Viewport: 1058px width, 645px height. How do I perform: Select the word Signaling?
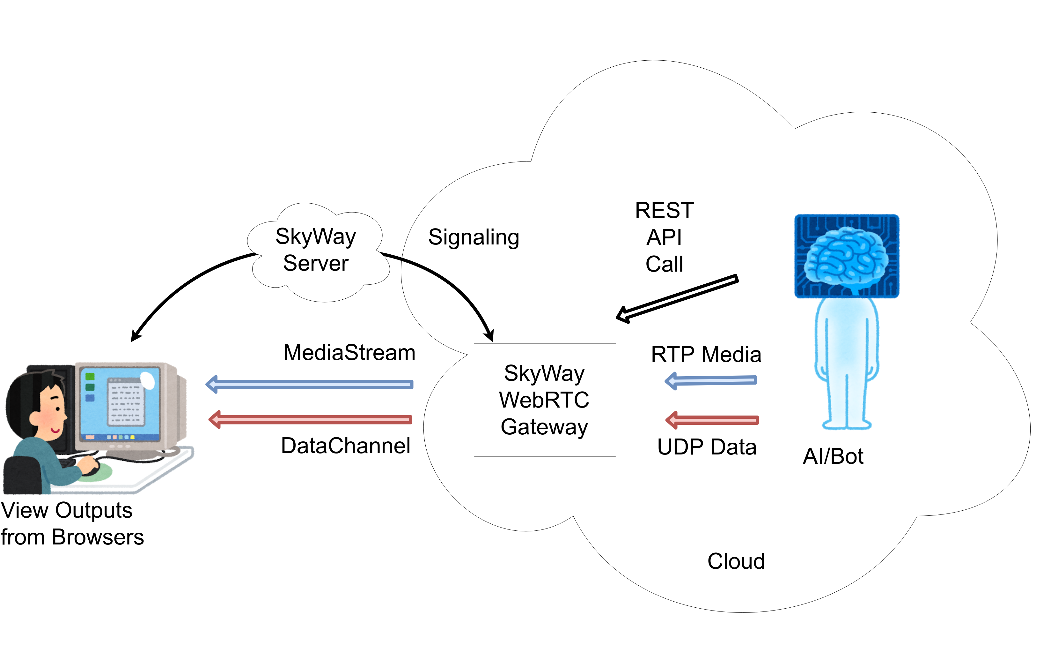[474, 237]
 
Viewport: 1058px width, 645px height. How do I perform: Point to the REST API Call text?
[664, 237]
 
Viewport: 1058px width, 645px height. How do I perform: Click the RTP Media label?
[706, 355]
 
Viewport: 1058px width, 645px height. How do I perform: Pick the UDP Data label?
[707, 447]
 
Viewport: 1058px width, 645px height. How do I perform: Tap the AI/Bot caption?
[833, 456]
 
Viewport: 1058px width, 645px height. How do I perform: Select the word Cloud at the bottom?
[736, 561]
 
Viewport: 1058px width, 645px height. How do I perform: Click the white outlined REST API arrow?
[678, 299]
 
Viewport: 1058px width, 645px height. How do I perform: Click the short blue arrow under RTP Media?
[711, 380]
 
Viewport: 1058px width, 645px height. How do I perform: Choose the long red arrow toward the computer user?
[310, 419]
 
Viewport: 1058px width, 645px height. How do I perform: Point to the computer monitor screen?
[120, 404]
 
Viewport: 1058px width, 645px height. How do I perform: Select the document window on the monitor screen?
[125, 402]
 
